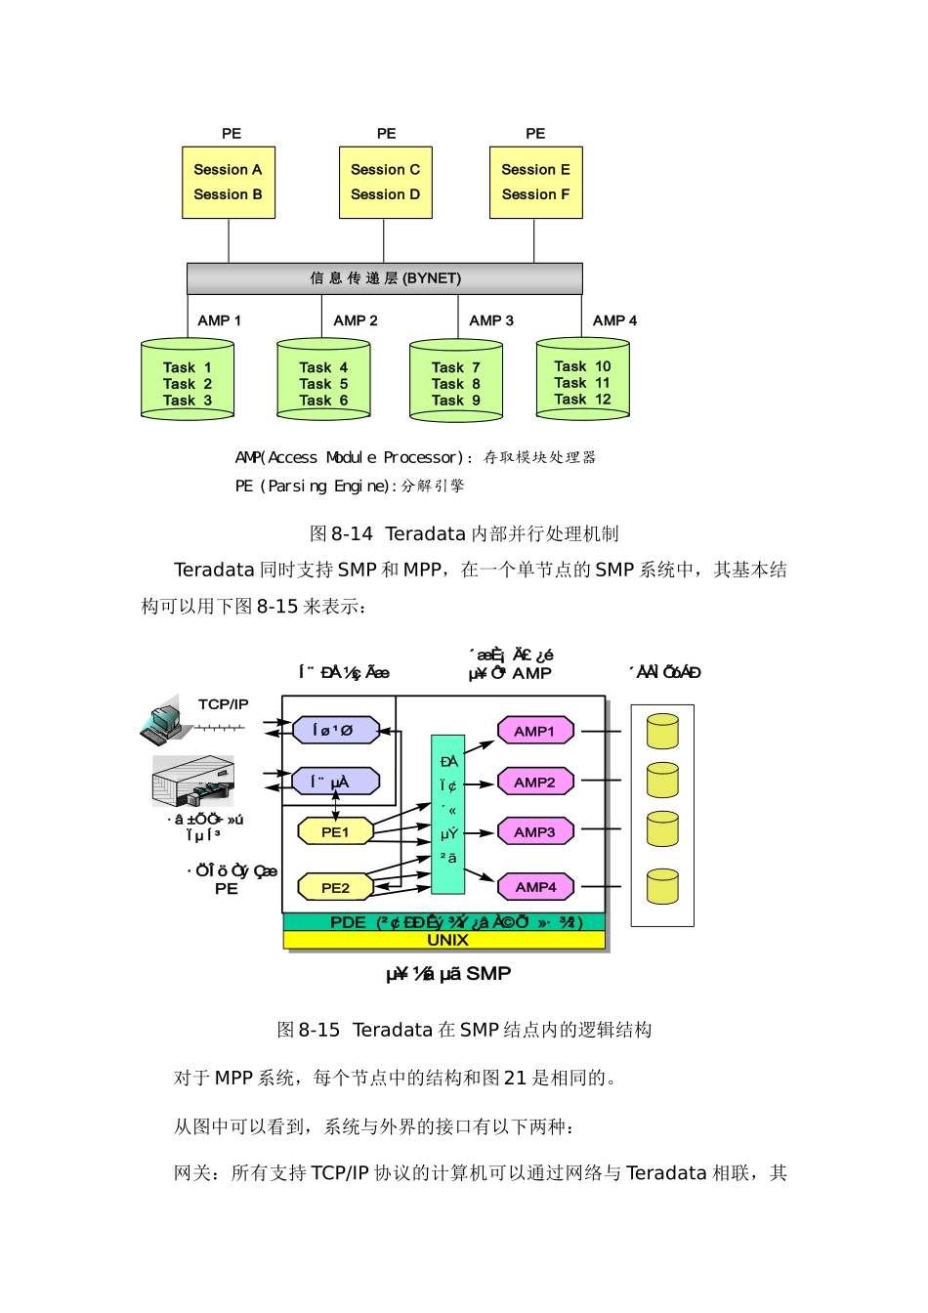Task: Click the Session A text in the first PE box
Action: (x=228, y=170)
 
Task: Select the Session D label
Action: (x=385, y=194)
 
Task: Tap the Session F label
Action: (x=535, y=194)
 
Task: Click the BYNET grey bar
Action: (x=385, y=278)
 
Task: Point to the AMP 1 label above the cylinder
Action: (x=219, y=320)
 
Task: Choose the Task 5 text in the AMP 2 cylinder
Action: (x=323, y=384)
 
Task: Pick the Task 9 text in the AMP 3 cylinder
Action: (x=456, y=401)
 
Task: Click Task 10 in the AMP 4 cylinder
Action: (x=582, y=366)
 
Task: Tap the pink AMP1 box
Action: (x=534, y=731)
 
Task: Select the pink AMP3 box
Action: (x=534, y=832)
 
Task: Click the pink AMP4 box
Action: (x=535, y=887)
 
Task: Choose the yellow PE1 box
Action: (x=335, y=832)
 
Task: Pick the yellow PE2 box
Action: (x=335, y=888)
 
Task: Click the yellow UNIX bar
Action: (x=444, y=940)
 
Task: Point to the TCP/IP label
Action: (x=223, y=704)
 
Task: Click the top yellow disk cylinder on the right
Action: (x=662, y=731)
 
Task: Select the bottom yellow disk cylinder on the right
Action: (x=662, y=886)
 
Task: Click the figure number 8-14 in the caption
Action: (x=352, y=534)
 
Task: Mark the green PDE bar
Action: (x=444, y=922)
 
